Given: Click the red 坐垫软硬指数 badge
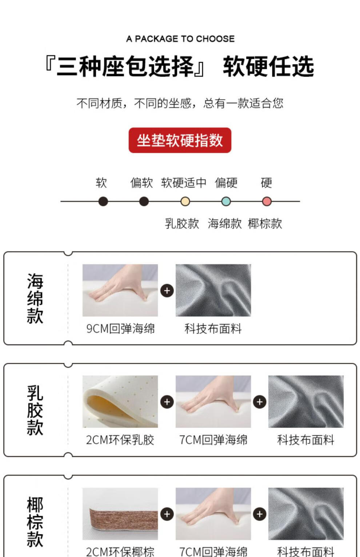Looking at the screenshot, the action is tap(180, 140).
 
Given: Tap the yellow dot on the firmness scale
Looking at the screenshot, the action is tap(185, 201).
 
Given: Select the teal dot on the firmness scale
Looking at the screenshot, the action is tap(226, 201).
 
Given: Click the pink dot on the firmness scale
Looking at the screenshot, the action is tap(267, 201).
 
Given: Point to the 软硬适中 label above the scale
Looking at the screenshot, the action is tap(184, 183).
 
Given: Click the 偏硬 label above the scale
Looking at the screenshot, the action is tap(226, 183).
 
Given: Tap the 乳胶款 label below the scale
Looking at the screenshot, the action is tap(182, 223).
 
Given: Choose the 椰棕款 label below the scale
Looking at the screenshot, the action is tap(265, 223).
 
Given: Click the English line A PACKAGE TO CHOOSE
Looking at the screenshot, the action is tap(180, 39).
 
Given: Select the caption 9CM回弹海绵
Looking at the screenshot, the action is tap(120, 328).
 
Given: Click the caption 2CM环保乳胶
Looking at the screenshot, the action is tap(120, 440).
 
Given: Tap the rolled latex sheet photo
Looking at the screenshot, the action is tap(120, 401).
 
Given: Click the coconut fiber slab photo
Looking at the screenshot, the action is tap(120, 514).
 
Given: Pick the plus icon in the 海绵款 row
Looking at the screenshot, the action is tap(167, 290).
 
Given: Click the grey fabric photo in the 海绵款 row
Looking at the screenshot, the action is tap(213, 290).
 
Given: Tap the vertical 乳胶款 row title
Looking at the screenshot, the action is tap(35, 410).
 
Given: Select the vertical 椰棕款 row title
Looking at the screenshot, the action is tap(35, 522).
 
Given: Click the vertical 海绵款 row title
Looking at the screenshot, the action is tap(35, 298).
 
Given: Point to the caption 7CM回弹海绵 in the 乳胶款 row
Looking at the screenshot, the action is tap(213, 440).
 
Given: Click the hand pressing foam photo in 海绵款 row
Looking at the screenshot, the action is tap(120, 290).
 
